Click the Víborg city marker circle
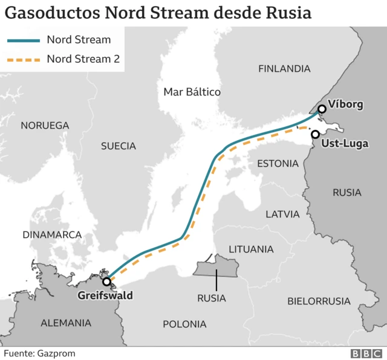[321, 109]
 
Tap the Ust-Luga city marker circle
[315, 134]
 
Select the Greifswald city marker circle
[106, 281]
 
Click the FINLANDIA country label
[284, 68]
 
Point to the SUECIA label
[119, 146]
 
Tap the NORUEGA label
[45, 126]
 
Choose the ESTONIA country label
[278, 164]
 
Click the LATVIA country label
[282, 214]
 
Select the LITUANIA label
[250, 249]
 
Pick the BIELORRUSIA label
[319, 301]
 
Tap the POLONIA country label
[184, 324]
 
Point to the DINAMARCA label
[52, 234]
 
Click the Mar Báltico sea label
[192, 92]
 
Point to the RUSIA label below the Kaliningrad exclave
[212, 298]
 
